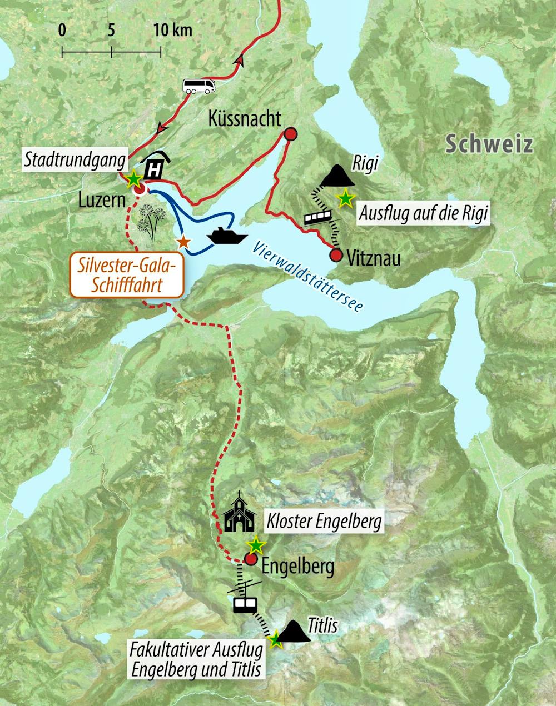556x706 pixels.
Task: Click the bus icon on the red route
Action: coord(199,86)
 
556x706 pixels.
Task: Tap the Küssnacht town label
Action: coord(245,119)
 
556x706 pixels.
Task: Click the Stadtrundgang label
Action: coord(76,161)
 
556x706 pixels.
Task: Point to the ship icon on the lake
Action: coord(227,236)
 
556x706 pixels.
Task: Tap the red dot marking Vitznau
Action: coord(336,255)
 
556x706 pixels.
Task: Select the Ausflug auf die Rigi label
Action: coord(425,213)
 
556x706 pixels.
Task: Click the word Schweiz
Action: coord(490,144)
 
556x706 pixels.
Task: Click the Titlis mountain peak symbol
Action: coord(295,631)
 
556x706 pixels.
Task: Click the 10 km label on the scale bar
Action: coord(173,30)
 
